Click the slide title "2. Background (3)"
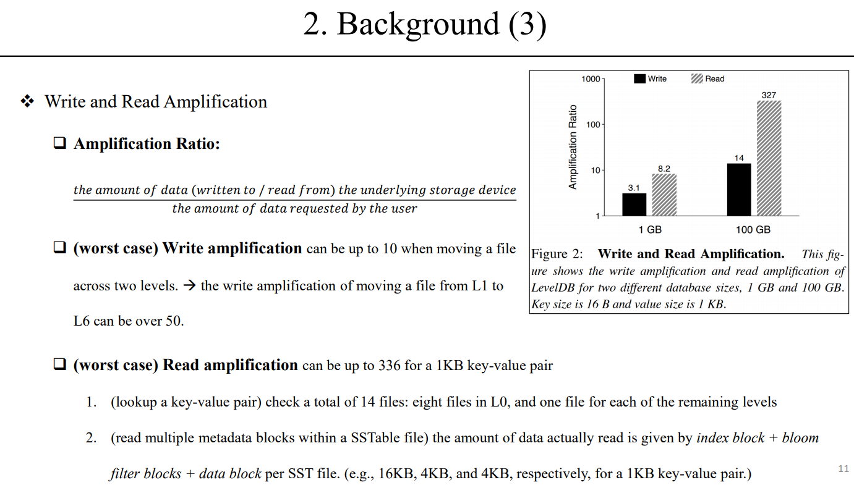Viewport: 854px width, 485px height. pyautogui.click(x=425, y=25)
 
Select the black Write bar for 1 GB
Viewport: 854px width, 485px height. pyautogui.click(x=634, y=205)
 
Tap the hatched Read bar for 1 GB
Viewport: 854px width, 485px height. pyautogui.click(x=664, y=195)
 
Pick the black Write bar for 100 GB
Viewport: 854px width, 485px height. pyautogui.click(x=739, y=189)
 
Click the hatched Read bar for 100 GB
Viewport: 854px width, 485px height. pyautogui.click(x=769, y=158)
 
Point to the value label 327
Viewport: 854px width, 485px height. pyautogui.click(x=769, y=95)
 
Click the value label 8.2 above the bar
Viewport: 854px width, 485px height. pyautogui.click(x=664, y=168)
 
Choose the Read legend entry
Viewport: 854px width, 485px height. pyautogui.click(x=707, y=79)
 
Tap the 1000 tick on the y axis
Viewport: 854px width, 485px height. pyautogui.click(x=591, y=79)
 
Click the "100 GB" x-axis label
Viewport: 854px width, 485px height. pyautogui.click(x=753, y=230)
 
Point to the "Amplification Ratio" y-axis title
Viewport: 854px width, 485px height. pyautogui.click(x=573, y=147)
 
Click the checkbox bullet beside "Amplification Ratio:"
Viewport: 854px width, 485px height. pyautogui.click(x=60, y=144)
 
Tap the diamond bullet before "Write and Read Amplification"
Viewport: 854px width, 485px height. pyautogui.click(x=27, y=102)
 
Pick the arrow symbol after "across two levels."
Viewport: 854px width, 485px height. pyautogui.click(x=189, y=286)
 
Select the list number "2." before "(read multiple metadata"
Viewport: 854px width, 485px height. pyautogui.click(x=92, y=438)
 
